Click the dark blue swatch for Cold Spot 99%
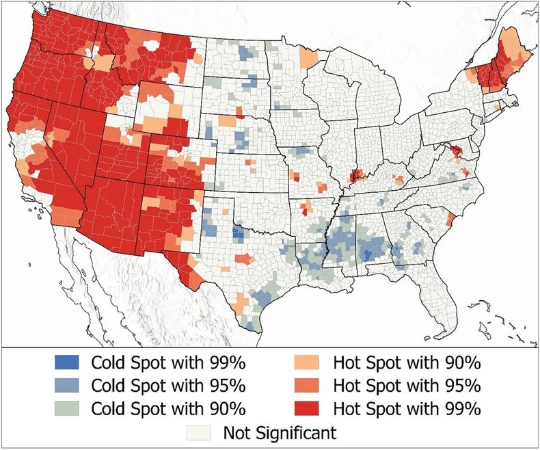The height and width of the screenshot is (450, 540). (67, 361)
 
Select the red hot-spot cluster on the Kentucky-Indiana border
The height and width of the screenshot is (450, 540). (356, 176)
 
